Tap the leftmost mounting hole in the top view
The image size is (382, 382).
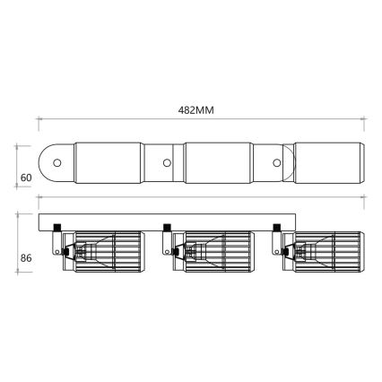coord(57,164)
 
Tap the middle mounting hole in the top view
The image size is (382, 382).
coord(167,164)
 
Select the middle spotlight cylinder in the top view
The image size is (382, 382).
coord(218,164)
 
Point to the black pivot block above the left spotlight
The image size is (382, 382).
coord(57,226)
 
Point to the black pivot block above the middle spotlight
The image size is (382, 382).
coord(168,226)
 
